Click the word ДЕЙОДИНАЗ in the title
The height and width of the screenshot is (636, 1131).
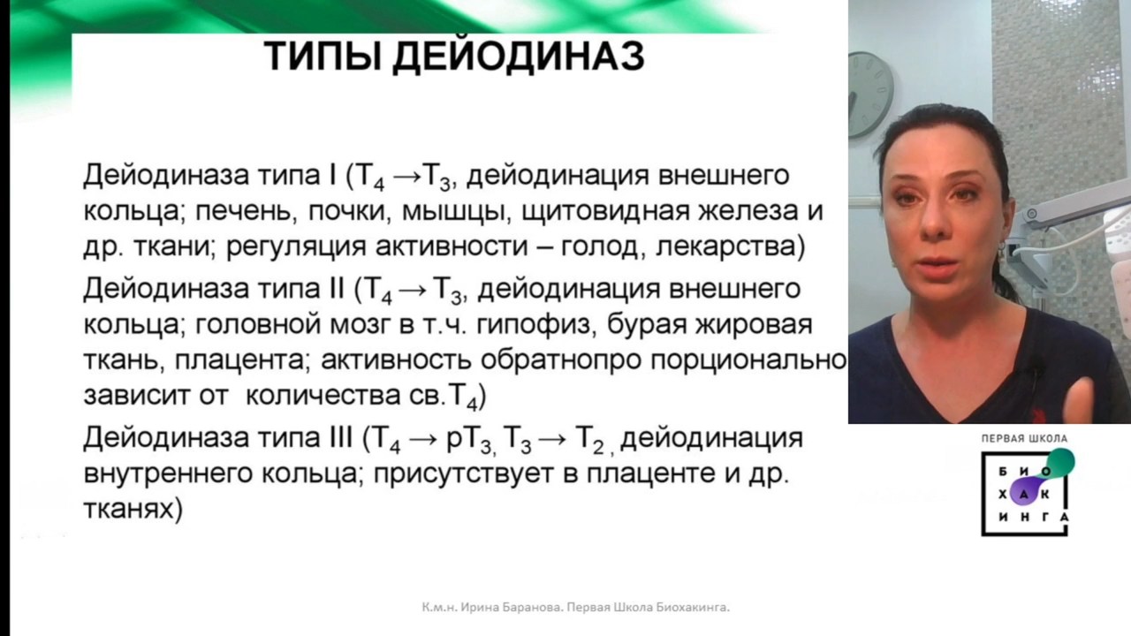519,57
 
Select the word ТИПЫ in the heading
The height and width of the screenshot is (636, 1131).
323,56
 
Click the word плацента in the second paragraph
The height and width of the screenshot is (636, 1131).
241,360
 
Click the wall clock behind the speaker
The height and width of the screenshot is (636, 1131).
870,95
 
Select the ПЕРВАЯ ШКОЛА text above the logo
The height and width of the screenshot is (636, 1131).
1024,439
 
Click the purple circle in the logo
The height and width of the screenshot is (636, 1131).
1023,494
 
